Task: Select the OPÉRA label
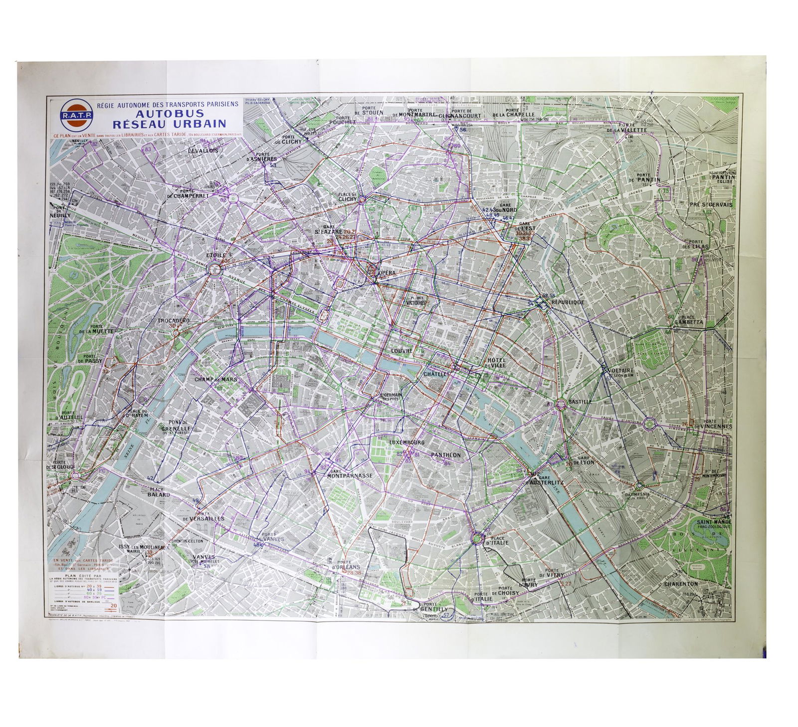pos(387,274)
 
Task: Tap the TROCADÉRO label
pos(173,320)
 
